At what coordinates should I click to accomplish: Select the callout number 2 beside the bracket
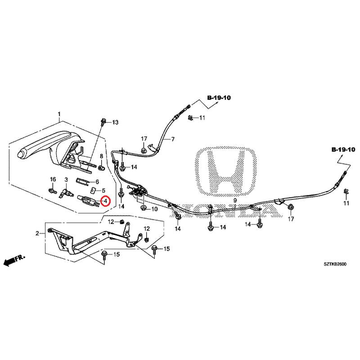[x=38, y=233]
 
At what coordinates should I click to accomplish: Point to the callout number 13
[x=114, y=122]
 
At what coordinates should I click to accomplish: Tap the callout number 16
[x=52, y=180]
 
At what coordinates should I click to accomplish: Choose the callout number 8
[x=101, y=157]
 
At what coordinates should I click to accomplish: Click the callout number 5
[x=103, y=191]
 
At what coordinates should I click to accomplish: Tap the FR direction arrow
[x=13, y=260]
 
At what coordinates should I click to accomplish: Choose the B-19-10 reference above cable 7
[x=219, y=98]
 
